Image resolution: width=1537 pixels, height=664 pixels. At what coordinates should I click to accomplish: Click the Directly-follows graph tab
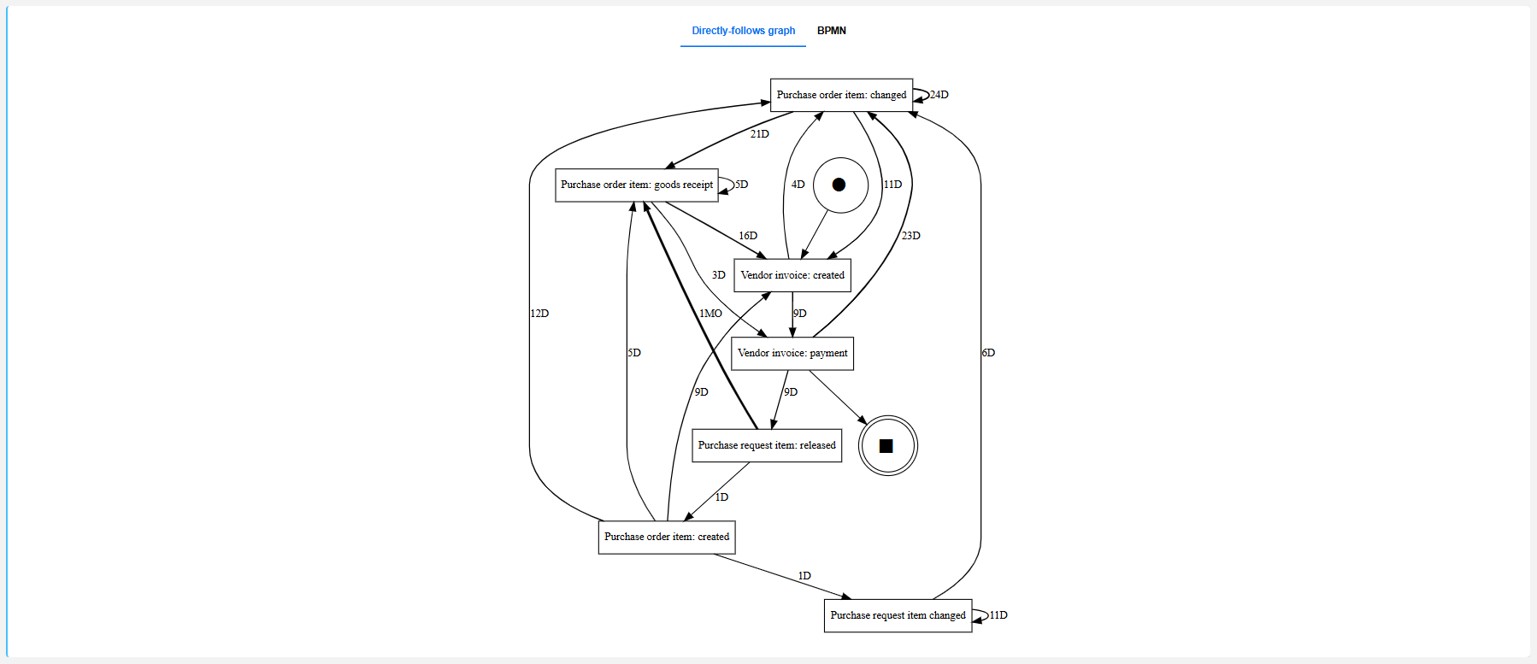[x=743, y=31]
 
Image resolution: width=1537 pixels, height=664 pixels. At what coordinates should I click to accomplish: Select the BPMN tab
[x=831, y=31]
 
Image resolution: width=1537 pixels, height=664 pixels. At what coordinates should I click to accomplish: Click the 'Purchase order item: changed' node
[x=841, y=95]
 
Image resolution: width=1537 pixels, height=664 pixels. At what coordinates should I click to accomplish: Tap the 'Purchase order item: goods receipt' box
[x=636, y=185]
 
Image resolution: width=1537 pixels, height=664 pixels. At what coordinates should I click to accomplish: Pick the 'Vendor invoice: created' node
[x=792, y=275]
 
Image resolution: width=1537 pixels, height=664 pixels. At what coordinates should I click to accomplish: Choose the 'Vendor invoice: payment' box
[x=792, y=353]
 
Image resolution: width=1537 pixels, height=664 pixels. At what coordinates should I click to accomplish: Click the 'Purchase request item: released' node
[x=766, y=445]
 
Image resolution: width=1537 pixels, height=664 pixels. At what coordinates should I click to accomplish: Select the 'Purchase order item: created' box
[x=666, y=537]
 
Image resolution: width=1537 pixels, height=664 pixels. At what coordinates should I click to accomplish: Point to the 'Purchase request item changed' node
[x=898, y=615]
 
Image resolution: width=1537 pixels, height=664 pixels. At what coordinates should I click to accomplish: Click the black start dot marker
[x=839, y=185]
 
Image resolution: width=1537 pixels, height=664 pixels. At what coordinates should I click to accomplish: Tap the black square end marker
[x=886, y=445]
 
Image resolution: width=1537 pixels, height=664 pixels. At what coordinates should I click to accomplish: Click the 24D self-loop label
[x=939, y=95]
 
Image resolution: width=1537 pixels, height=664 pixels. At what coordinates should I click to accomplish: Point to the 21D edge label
[x=759, y=134]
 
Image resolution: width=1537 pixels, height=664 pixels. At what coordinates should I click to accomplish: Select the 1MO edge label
[x=710, y=314]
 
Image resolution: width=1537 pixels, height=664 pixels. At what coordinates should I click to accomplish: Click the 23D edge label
[x=910, y=236]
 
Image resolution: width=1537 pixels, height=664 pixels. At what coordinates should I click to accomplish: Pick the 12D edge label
[x=539, y=314]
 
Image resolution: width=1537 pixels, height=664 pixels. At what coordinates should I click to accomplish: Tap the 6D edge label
[x=988, y=353]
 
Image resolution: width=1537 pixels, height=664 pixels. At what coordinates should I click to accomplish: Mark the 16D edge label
[x=748, y=236]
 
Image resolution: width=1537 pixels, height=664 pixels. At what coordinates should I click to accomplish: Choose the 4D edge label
[x=798, y=185]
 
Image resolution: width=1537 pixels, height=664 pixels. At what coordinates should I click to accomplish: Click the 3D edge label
[x=718, y=275]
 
